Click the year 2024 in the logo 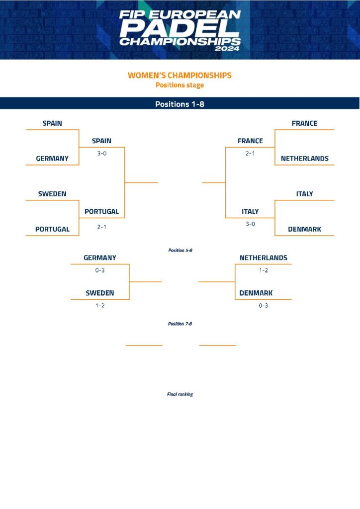227,49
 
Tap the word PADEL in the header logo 180,28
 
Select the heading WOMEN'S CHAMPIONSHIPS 180,76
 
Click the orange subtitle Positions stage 180,85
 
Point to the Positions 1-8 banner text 180,104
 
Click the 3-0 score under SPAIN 101,154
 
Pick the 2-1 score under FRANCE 250,154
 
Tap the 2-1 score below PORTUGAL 101,227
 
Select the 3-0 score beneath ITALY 250,224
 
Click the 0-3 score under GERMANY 99,270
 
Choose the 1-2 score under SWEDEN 100,306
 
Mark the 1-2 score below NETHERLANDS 263,270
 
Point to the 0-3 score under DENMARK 263,306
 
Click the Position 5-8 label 180,251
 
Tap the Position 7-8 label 180,324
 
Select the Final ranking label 180,394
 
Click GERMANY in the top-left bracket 52,159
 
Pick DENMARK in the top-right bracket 304,229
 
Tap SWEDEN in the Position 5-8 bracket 99,293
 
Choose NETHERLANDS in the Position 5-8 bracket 263,258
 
